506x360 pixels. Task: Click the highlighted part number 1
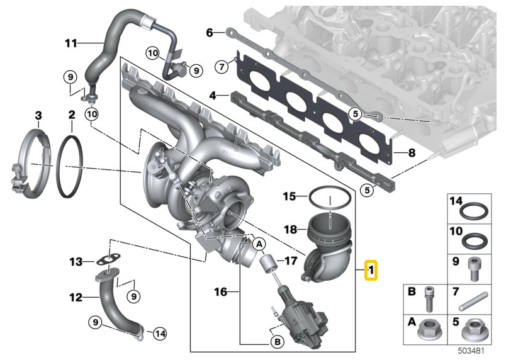(371, 271)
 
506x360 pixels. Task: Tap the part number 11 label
(70, 43)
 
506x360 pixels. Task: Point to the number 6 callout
(211, 31)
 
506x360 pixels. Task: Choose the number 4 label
(213, 96)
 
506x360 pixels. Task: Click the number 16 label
(220, 292)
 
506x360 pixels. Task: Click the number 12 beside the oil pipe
(76, 297)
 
